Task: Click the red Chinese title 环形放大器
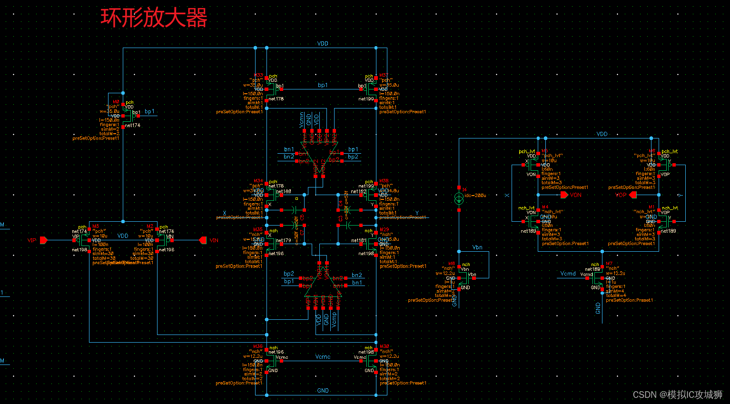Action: (154, 18)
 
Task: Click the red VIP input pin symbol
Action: (43, 240)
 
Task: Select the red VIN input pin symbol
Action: (203, 240)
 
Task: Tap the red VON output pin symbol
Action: (564, 195)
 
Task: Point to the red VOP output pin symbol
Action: (633, 195)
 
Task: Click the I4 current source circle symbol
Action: (459, 198)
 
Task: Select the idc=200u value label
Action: (475, 196)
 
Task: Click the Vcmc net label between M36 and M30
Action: (323, 356)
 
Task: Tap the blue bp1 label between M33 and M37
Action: (323, 85)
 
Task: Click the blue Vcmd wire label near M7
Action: (568, 274)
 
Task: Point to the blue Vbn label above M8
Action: (477, 247)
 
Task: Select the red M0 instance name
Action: (116, 102)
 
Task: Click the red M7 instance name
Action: (609, 264)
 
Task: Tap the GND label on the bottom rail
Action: (323, 391)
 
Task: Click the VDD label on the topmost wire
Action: (323, 43)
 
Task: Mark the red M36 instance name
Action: (257, 346)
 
